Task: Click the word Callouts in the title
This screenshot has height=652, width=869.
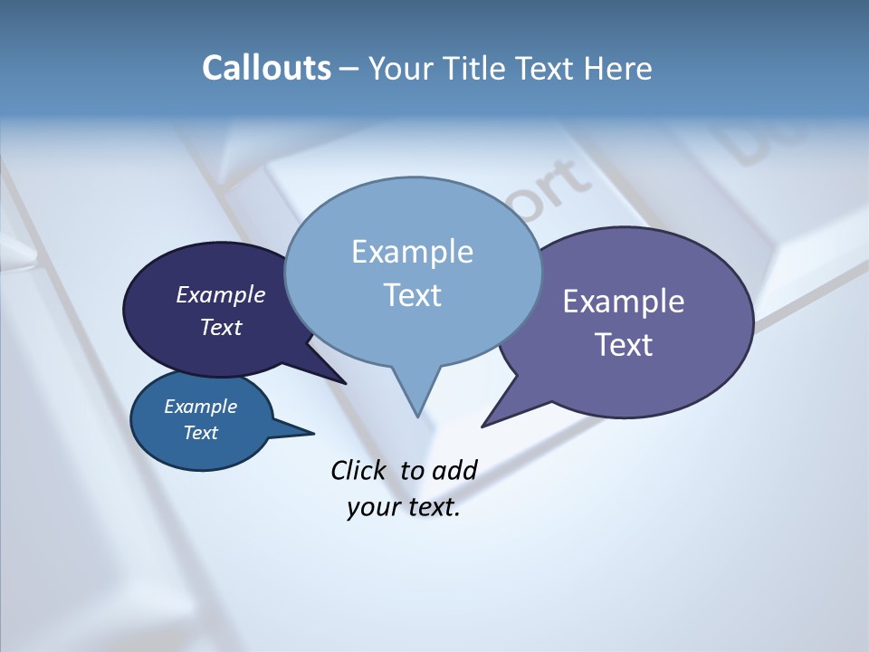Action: click(x=266, y=68)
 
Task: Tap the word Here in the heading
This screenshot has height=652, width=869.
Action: click(x=619, y=68)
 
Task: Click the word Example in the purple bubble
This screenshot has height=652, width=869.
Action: click(x=624, y=302)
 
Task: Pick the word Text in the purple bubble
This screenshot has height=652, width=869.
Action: click(x=624, y=345)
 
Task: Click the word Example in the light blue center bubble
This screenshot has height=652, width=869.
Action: click(x=412, y=252)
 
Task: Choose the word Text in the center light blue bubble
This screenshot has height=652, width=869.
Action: click(x=412, y=295)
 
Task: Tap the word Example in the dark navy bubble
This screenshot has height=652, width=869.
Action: click(x=221, y=294)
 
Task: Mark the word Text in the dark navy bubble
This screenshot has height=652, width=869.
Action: click(x=221, y=327)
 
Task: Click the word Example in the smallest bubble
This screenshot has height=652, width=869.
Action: click(x=201, y=407)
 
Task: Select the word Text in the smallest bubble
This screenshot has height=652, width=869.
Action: click(x=201, y=433)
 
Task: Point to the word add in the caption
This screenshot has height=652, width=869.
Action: click(x=454, y=470)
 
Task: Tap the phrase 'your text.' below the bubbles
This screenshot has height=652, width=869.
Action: click(x=404, y=507)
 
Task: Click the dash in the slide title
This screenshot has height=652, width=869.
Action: click(x=350, y=69)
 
